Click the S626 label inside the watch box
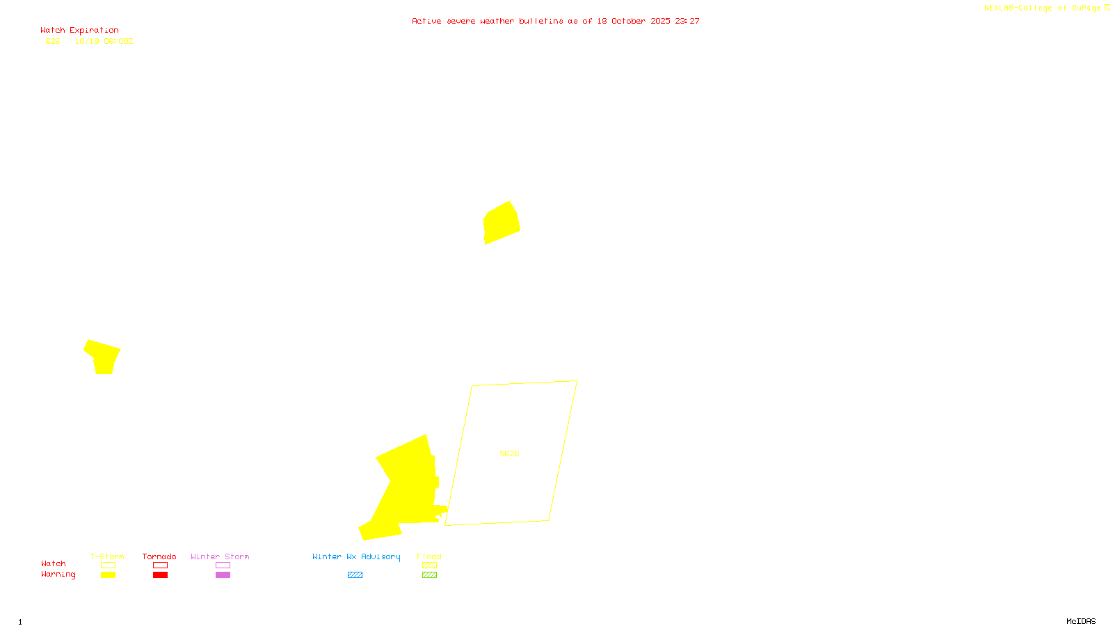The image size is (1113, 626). (x=509, y=454)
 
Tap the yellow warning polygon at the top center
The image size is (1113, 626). (x=502, y=223)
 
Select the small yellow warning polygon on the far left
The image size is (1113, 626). (x=103, y=356)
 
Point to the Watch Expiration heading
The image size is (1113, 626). (x=79, y=31)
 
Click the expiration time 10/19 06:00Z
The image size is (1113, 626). (x=104, y=42)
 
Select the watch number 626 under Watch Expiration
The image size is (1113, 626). (x=53, y=42)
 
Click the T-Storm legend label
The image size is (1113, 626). (x=107, y=556)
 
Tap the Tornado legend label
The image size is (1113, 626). (x=159, y=556)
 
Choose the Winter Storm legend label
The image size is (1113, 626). (x=220, y=556)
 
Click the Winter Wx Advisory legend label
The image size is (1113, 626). (x=356, y=556)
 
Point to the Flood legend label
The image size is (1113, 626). (x=429, y=556)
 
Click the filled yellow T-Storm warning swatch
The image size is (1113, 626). (x=108, y=575)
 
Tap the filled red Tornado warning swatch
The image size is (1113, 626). (x=161, y=575)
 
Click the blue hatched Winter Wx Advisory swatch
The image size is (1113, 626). (x=355, y=575)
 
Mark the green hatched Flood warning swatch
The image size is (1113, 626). (x=430, y=575)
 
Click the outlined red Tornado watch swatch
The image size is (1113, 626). (x=161, y=565)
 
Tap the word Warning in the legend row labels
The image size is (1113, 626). (x=58, y=575)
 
